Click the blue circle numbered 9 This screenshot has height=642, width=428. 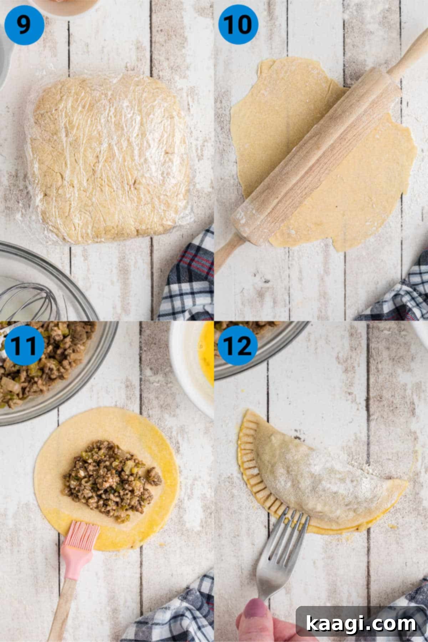point(24,25)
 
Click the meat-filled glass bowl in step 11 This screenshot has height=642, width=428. point(53,371)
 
